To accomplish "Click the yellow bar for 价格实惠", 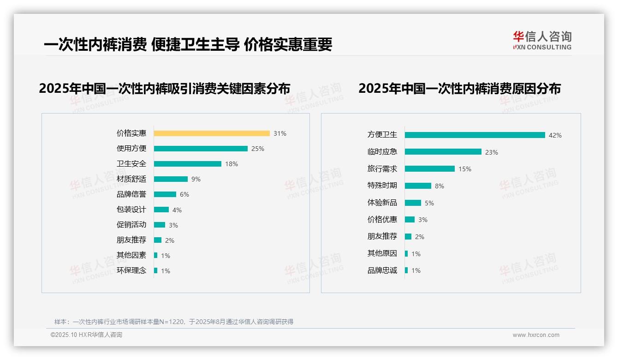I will point(212,133).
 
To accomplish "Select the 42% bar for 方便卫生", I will point(475,135).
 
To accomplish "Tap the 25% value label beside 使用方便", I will point(258,149).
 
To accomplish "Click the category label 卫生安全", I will point(131,164).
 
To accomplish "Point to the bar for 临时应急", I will point(443,152).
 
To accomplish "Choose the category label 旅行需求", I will point(382,169).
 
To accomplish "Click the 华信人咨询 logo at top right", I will point(542,40).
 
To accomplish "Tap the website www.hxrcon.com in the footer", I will point(536,335).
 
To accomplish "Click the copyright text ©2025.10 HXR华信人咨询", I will point(86,335).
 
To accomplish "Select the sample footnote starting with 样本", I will point(174,322).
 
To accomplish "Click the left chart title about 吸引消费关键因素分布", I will point(165,89).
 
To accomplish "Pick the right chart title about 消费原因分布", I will point(459,89).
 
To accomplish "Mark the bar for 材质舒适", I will point(171,179).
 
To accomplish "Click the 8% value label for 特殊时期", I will point(439,186).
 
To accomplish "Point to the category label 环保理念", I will point(131,270).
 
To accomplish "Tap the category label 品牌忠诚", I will point(382,270).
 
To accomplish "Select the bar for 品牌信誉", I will point(165,194).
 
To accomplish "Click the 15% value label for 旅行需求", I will point(464,169).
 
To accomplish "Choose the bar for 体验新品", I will point(413,203).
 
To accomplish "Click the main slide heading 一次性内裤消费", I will point(188,44).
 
